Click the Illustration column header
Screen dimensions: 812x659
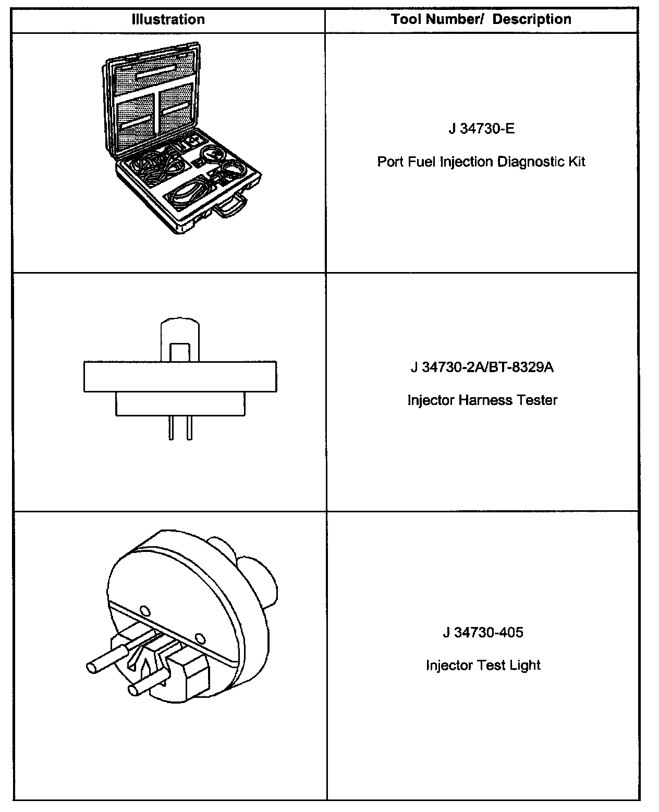pyautogui.click(x=168, y=20)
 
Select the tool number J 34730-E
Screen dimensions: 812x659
pyautogui.click(x=481, y=128)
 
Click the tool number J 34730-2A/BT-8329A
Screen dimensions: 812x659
pyautogui.click(x=482, y=367)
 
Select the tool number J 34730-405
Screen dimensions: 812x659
pyautogui.click(x=483, y=632)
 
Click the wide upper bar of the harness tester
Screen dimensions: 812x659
pyautogui.click(x=180, y=376)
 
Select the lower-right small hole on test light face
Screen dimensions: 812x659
pyautogui.click(x=199, y=638)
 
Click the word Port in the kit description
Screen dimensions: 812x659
pyautogui.click(x=388, y=162)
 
